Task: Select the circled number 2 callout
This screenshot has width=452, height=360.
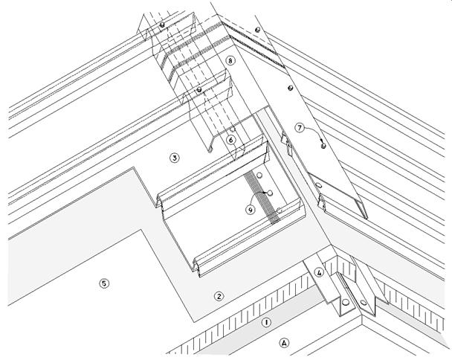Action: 219,296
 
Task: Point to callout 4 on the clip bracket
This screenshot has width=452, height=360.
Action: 319,272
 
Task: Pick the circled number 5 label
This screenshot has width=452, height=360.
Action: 104,283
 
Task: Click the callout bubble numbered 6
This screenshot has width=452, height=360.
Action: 231,139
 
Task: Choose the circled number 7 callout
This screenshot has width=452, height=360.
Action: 300,128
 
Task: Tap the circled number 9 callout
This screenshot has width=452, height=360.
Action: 251,210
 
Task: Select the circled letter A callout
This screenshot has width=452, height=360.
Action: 283,343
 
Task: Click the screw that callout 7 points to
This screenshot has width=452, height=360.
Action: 323,147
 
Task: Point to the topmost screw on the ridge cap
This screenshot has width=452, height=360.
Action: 257,30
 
